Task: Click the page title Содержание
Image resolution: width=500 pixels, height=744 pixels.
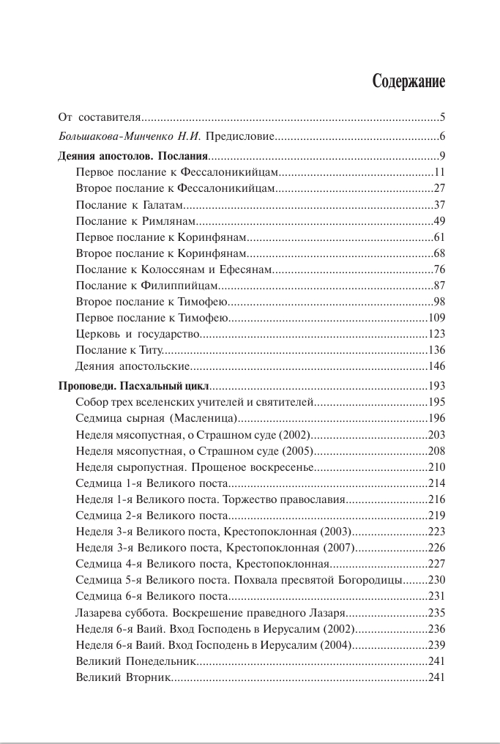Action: pos(408,81)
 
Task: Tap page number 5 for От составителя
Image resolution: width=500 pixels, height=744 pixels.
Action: pos(442,117)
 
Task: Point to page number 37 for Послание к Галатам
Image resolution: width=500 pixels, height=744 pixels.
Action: pos(439,204)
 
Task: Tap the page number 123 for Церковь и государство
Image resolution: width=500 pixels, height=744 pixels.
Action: pos(437,334)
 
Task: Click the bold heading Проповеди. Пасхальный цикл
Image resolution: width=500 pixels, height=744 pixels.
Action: pos(134,385)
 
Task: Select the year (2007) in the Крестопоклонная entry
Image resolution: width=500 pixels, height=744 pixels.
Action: pos(338,548)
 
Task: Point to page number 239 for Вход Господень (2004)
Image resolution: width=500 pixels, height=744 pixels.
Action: pos(437,645)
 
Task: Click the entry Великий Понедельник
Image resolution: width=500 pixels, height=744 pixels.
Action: pos(135,661)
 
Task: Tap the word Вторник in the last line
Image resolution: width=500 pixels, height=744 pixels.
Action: pos(149,677)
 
